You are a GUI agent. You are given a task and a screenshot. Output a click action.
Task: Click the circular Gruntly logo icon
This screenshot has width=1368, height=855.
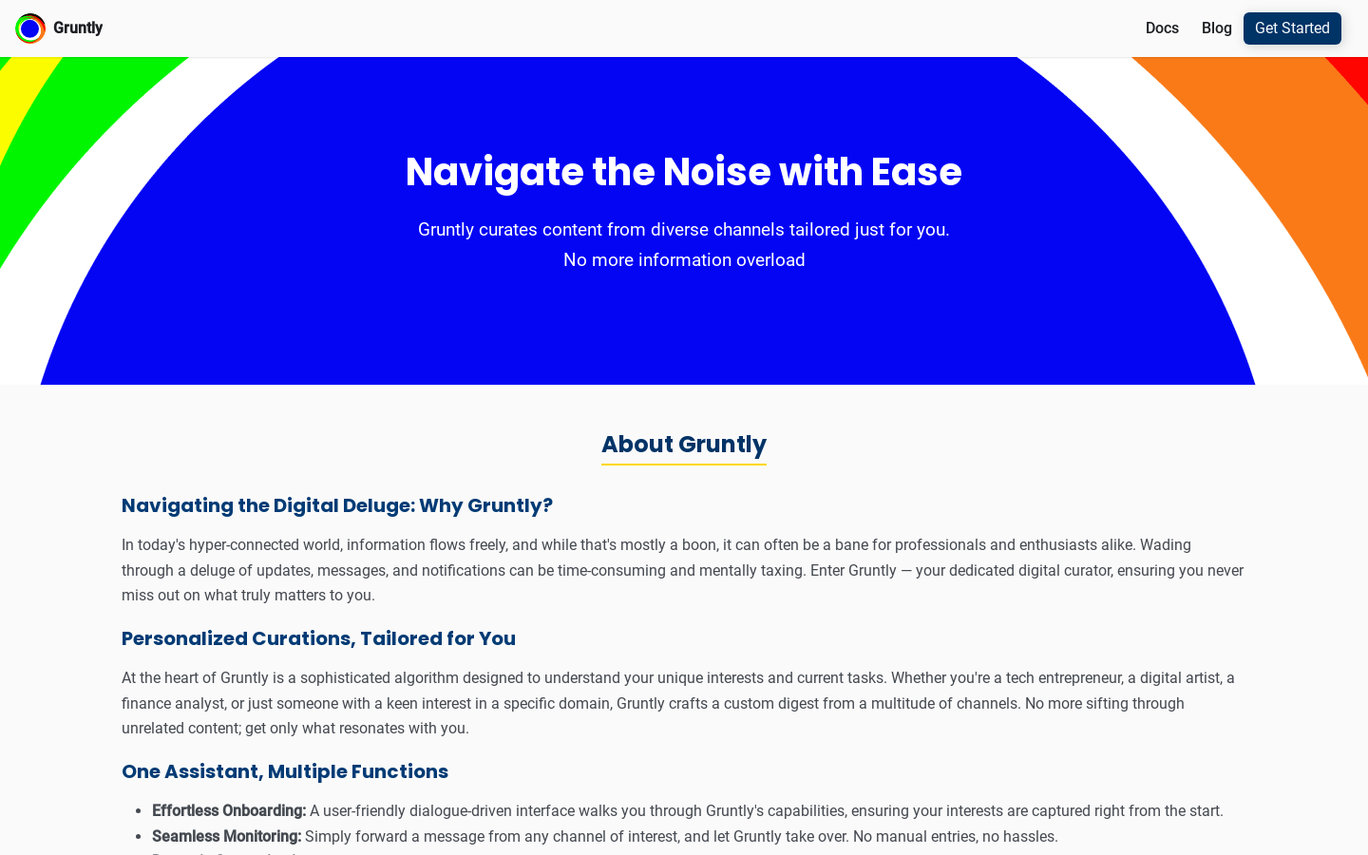pyautogui.click(x=30, y=28)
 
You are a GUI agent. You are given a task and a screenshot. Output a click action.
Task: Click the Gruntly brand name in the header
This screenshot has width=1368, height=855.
pyautogui.click(x=78, y=28)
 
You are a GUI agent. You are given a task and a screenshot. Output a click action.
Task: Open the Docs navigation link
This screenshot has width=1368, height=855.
pyautogui.click(x=1162, y=28)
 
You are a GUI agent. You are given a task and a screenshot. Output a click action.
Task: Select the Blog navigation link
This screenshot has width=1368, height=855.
pyautogui.click(x=1217, y=28)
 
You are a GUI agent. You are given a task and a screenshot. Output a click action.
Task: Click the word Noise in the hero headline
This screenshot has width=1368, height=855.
pyautogui.click(x=716, y=172)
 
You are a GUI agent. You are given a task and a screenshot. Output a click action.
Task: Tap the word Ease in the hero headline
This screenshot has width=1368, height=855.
pyautogui.click(x=916, y=172)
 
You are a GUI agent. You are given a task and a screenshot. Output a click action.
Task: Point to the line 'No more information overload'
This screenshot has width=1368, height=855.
pyautogui.click(x=684, y=260)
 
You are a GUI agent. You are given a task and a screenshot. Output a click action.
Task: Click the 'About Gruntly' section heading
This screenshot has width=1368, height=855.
pyautogui.click(x=684, y=444)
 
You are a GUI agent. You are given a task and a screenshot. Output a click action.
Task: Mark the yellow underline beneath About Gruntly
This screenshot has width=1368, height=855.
pyautogui.click(x=684, y=465)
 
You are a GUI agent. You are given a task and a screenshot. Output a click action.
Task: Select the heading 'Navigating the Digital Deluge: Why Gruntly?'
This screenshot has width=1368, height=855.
pyautogui.click(x=337, y=505)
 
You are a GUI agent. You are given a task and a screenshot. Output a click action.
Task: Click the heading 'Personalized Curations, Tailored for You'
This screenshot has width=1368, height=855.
pyautogui.click(x=318, y=638)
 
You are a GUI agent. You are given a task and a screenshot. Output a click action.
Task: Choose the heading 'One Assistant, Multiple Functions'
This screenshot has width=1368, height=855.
pyautogui.click(x=285, y=772)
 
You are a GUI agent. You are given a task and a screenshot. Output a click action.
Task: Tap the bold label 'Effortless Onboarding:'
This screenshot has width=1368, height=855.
pyautogui.click(x=229, y=811)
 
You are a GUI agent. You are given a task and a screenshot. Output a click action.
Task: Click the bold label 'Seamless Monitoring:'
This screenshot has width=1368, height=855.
pyautogui.click(x=226, y=837)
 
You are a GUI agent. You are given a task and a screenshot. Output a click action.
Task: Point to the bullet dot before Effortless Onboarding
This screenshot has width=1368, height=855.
pyautogui.click(x=139, y=811)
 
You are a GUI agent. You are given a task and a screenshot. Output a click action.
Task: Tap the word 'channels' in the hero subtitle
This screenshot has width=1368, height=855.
pyautogui.click(x=749, y=230)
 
